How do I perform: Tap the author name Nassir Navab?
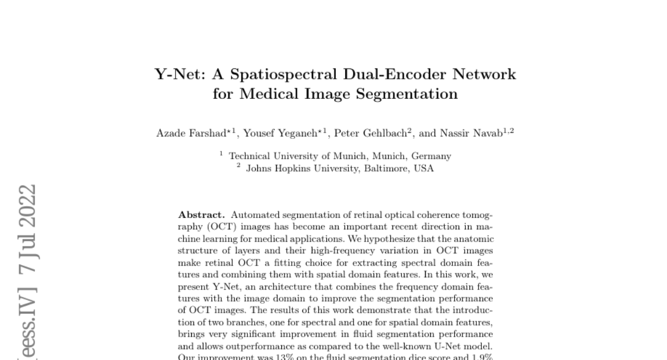(472, 134)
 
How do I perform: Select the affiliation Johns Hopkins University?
(302, 168)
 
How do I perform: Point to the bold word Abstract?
(202, 215)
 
